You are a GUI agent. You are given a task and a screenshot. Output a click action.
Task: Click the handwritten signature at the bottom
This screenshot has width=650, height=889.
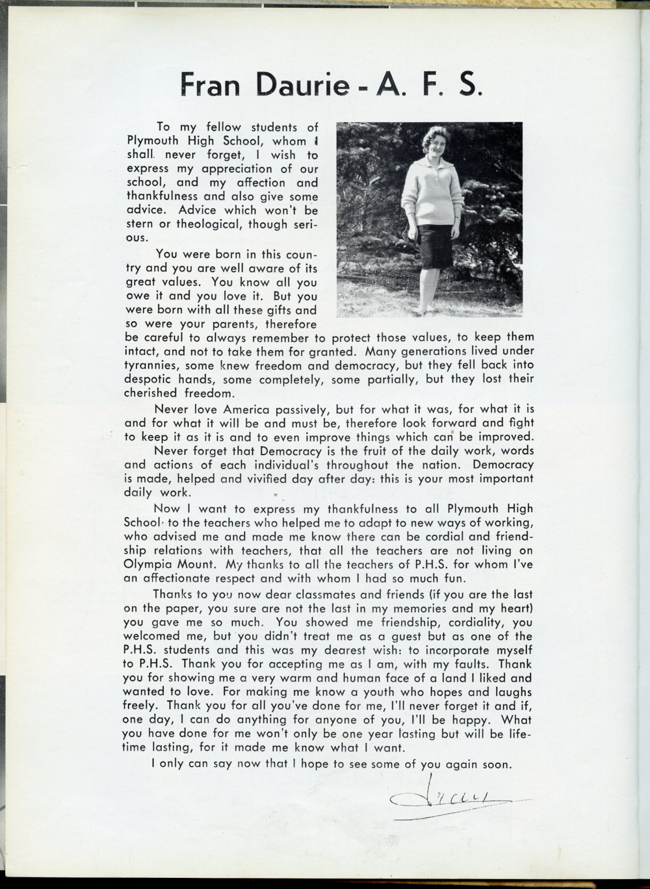tap(448, 799)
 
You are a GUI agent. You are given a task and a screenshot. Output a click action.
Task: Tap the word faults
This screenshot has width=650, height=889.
tap(469, 664)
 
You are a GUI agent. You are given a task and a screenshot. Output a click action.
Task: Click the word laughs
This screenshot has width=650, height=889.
tap(507, 692)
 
